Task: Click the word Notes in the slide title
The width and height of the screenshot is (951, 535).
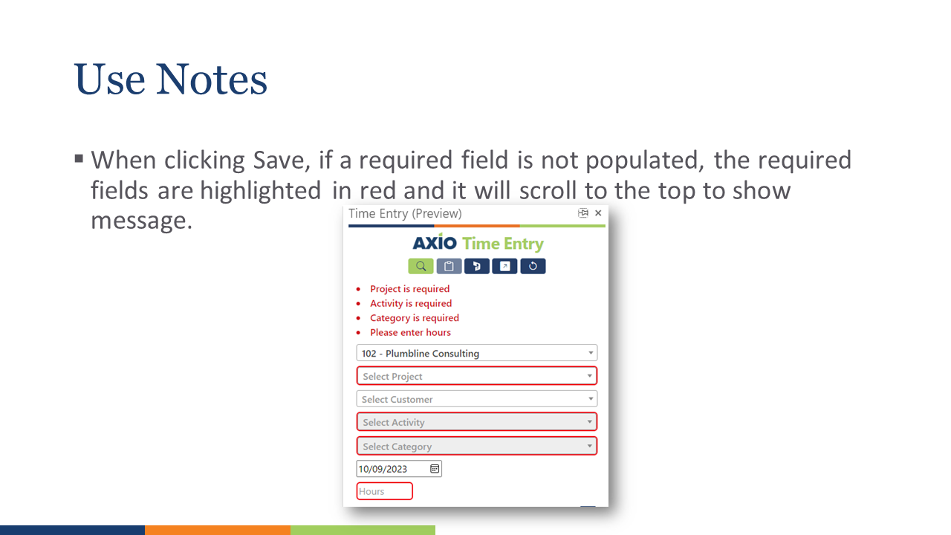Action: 212,80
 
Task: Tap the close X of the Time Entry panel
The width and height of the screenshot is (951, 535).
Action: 598,213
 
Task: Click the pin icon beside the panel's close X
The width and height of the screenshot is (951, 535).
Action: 583,213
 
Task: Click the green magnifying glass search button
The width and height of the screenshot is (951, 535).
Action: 421,266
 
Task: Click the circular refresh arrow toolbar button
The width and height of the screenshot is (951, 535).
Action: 533,266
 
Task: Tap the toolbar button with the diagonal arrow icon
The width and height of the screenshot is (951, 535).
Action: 504,266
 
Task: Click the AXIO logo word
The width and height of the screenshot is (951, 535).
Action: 435,243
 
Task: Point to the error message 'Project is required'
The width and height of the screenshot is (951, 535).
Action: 409,289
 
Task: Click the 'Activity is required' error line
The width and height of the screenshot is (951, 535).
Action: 411,303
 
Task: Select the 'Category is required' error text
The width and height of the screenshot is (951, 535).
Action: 415,318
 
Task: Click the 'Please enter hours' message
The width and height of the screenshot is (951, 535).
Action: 410,332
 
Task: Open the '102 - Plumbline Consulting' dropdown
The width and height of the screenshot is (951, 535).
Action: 476,353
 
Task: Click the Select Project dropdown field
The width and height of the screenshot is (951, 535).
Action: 476,376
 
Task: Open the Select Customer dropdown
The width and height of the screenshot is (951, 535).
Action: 476,399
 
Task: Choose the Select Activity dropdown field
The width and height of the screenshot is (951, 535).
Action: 476,422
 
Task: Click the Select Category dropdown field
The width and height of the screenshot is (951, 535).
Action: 476,446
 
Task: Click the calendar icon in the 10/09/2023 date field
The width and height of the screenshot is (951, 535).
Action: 435,469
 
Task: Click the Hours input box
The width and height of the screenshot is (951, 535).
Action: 384,491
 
